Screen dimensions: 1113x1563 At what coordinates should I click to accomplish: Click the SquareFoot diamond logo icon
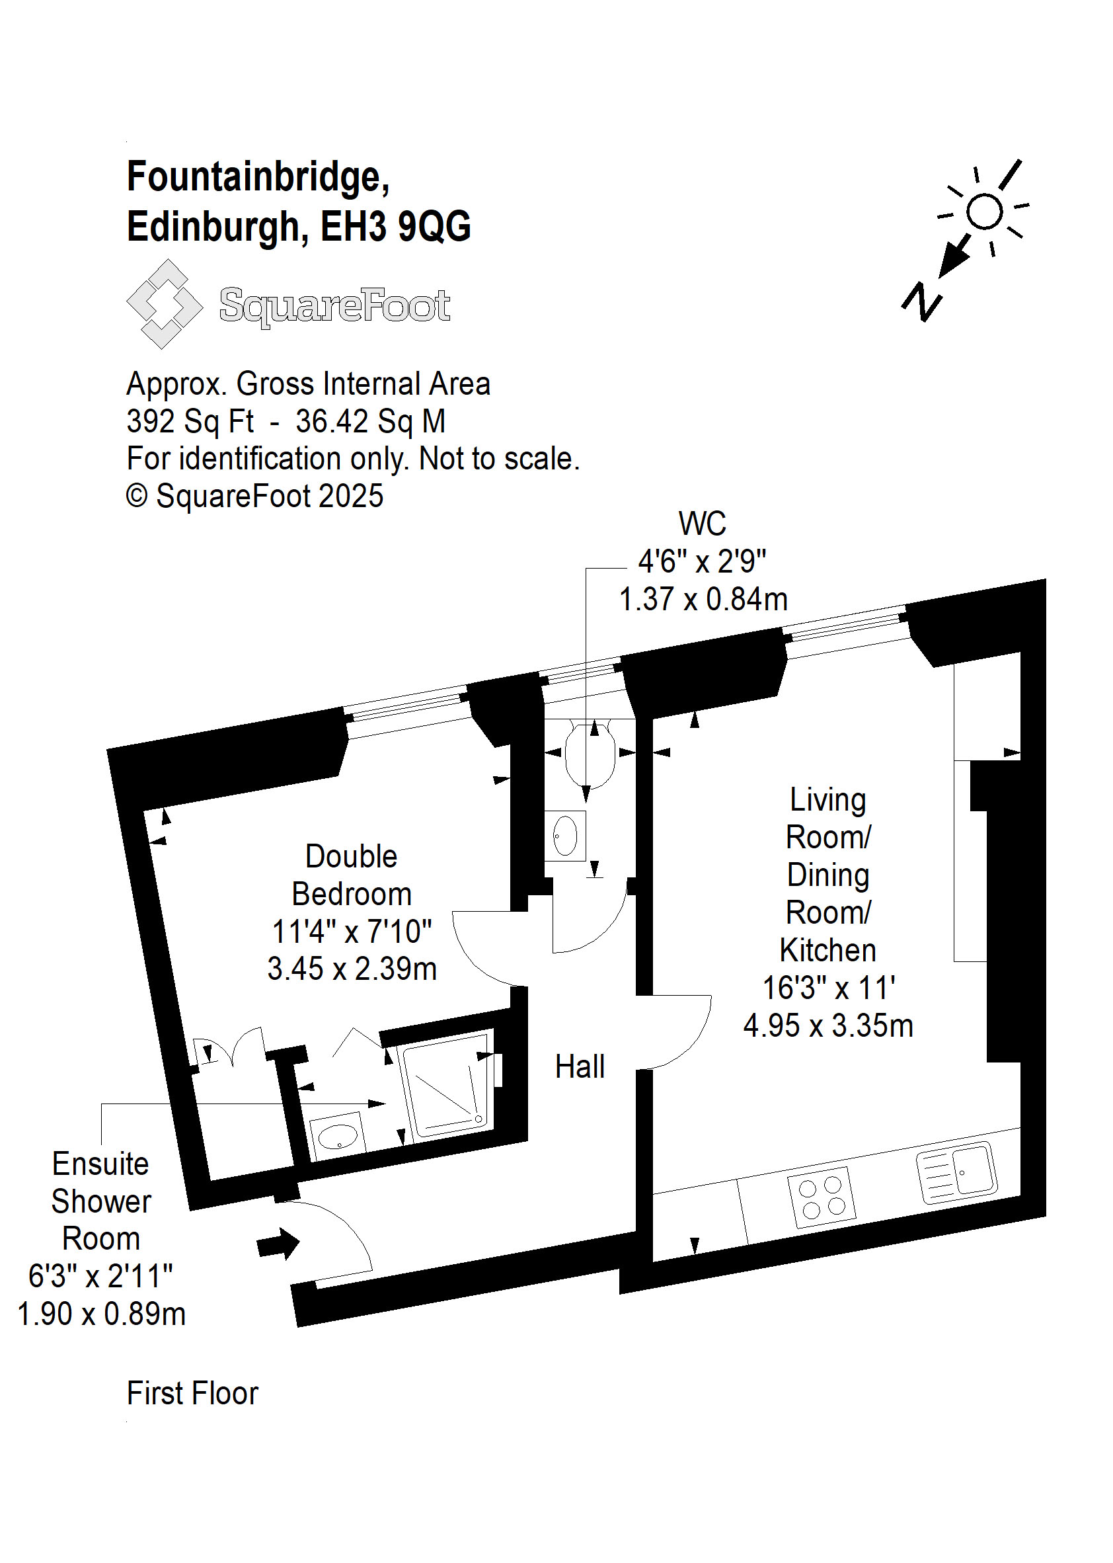(165, 303)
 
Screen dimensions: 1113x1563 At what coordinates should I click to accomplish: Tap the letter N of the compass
(922, 301)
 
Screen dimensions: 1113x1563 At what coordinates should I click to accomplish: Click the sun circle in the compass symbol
(985, 211)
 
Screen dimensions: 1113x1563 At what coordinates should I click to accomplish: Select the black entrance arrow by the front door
(278, 1244)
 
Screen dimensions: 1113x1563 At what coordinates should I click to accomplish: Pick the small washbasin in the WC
(565, 836)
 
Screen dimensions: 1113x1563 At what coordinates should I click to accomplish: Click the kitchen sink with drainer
(957, 1173)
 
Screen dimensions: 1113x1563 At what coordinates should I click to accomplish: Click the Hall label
(580, 1066)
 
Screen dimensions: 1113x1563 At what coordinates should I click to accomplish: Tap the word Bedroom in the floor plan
(352, 894)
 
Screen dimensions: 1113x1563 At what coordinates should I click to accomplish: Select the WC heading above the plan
(703, 524)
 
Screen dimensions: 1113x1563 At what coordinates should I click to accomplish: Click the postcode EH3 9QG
(396, 226)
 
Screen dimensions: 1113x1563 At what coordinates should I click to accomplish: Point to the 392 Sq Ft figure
(190, 422)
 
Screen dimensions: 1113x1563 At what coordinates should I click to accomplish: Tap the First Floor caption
(192, 1394)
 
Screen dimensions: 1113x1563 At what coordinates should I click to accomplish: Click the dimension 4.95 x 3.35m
(829, 1026)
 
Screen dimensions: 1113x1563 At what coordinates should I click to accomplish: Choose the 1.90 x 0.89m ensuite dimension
(101, 1314)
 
